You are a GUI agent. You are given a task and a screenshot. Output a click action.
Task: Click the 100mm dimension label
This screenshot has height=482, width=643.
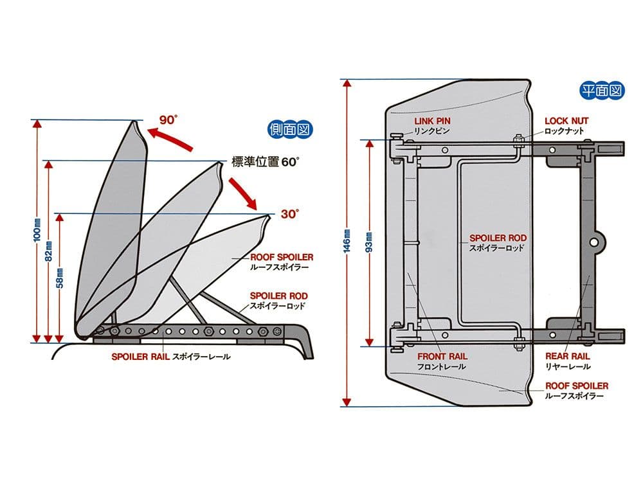pos(37,242)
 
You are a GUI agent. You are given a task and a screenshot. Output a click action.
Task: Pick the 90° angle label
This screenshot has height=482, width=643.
pos(168,120)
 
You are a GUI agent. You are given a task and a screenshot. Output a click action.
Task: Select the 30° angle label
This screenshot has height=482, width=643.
pos(289,214)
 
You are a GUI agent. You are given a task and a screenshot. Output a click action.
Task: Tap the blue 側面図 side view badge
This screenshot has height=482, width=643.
pos(290,129)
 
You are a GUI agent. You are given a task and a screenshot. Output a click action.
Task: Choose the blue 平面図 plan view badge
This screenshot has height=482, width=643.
pos(601,91)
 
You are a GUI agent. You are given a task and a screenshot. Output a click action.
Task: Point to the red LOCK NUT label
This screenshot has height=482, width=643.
pos(566,120)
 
